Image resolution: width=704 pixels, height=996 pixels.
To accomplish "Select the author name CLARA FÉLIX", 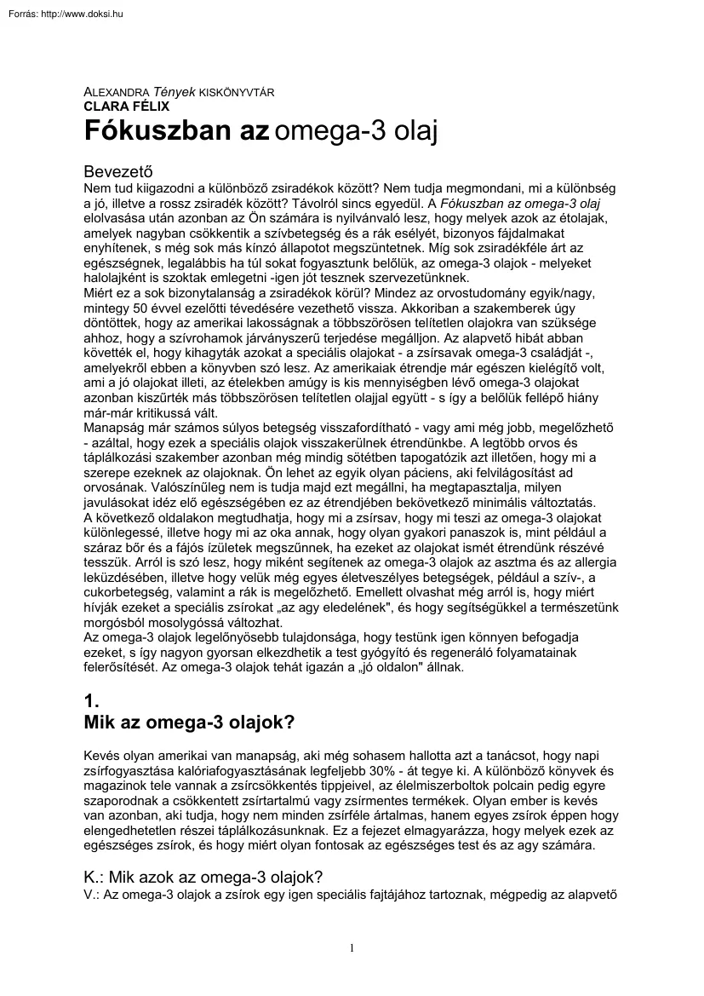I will (x=126, y=107).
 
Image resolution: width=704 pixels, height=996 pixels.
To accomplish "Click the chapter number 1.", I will (x=90, y=701).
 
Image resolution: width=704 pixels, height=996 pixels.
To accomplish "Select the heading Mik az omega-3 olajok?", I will (x=189, y=723).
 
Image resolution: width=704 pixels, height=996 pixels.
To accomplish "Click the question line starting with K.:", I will (x=203, y=878).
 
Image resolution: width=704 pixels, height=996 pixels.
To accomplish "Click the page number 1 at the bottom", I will (x=352, y=948).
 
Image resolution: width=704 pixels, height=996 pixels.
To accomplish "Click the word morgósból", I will (x=117, y=621).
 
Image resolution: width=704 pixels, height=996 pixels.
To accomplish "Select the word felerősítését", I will (x=121, y=667).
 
